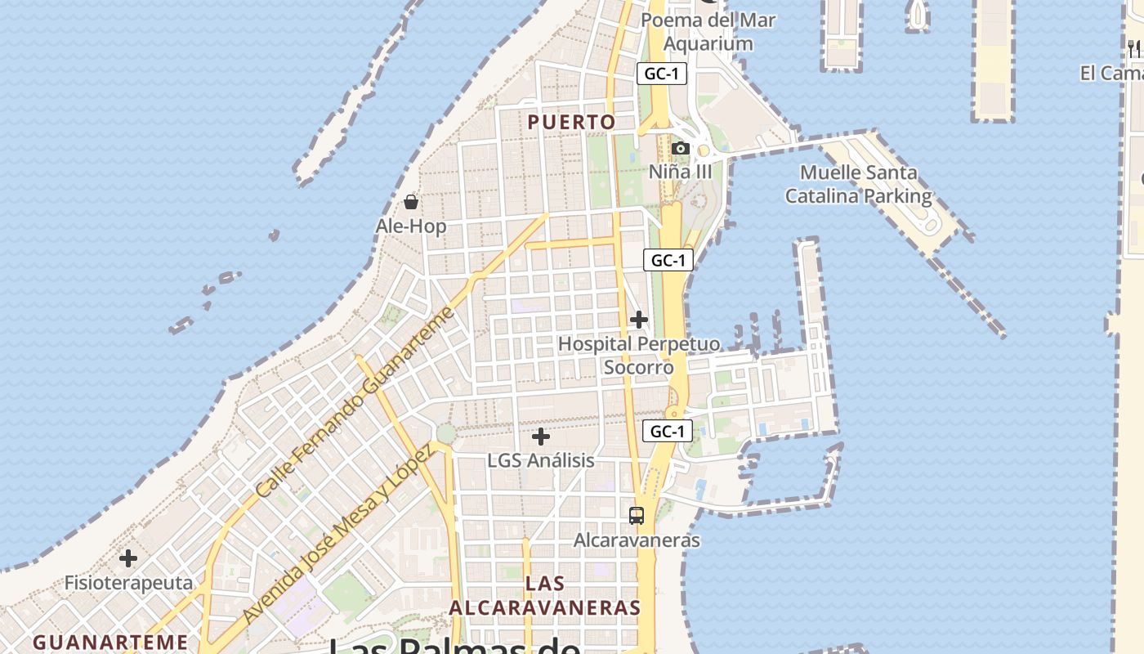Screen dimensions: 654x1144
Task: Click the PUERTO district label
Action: click(571, 123)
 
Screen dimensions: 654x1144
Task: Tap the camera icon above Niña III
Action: click(680, 148)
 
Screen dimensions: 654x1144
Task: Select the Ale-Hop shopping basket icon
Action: click(411, 201)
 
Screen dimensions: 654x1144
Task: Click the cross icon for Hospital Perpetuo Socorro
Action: click(639, 320)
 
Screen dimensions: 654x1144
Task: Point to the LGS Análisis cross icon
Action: click(541, 437)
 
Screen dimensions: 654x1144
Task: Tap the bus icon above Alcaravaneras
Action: click(637, 516)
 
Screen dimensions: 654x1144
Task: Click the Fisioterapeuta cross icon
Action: click(128, 558)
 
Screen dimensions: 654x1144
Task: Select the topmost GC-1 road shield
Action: click(662, 74)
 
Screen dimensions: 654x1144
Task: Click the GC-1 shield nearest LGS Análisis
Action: click(667, 431)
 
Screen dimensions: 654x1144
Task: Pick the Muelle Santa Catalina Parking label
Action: click(858, 185)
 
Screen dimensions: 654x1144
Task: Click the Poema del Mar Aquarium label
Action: click(708, 31)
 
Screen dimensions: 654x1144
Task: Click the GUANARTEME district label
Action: click(110, 642)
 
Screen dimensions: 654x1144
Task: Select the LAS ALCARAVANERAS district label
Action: click(545, 596)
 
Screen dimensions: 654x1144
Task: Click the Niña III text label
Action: click(680, 172)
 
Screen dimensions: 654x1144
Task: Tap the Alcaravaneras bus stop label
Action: click(637, 540)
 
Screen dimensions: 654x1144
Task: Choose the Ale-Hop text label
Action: click(411, 226)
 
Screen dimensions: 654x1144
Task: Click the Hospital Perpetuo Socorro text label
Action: click(639, 356)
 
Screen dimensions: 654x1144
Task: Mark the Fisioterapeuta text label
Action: click(128, 583)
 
